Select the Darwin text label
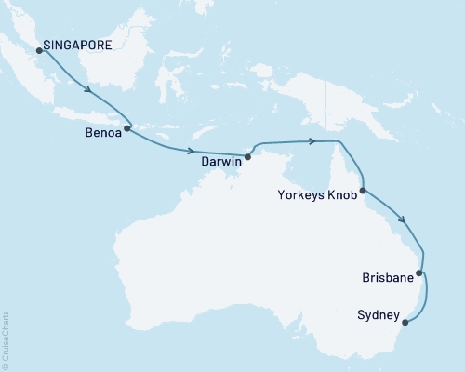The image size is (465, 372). (221, 161)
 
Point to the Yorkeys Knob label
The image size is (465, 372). (317, 195)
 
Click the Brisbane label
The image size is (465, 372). (388, 278)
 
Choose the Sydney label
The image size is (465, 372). (378, 316)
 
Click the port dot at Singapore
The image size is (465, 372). (39, 51)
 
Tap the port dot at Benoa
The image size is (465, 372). (127, 127)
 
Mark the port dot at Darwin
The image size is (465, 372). (247, 157)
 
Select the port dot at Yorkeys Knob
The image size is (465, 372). (363, 191)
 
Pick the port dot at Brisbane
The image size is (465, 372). (419, 273)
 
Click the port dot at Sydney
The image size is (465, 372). (404, 324)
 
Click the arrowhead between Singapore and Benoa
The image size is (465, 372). (90, 91)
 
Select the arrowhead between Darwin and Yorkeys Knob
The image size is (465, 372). (315, 141)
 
